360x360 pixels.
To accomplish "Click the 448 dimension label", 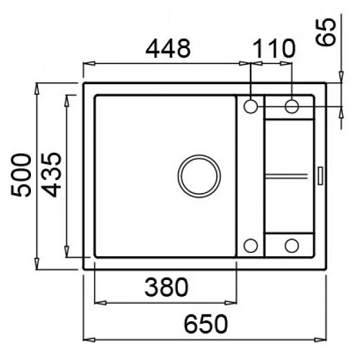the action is coord(168,49).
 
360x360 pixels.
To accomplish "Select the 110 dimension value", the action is coord(274,49).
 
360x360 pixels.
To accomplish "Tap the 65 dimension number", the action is coord(326,32).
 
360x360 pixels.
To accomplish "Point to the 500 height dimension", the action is coord(21,175).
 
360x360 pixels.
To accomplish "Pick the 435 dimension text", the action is coord(53,175).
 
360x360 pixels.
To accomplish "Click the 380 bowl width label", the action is coord(166,287).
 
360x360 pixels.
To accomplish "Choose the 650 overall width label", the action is coord(205,324).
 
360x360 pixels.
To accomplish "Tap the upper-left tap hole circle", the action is coord(251,106).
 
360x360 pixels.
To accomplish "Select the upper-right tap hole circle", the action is coord(292,106).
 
